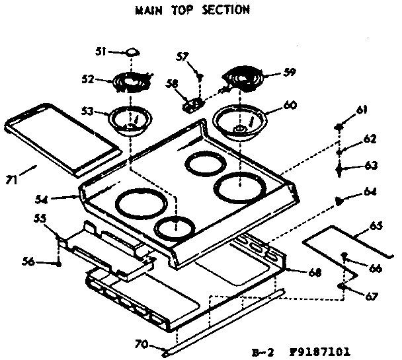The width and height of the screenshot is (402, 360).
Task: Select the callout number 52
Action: (x=87, y=78)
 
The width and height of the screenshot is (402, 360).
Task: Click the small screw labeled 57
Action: (x=198, y=77)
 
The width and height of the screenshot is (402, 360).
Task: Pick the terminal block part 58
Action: (x=192, y=103)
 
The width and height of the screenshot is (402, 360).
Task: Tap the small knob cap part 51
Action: (x=132, y=51)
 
